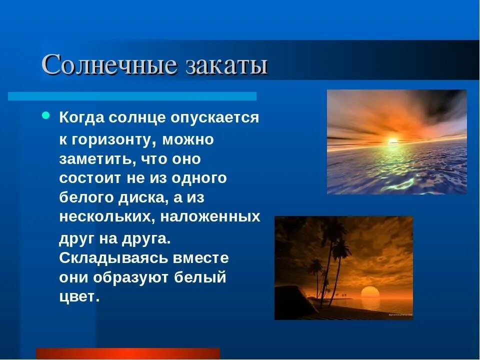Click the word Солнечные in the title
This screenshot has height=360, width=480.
(x=109, y=64)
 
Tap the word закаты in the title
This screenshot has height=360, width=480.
(x=227, y=65)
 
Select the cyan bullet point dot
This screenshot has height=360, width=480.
(x=45, y=115)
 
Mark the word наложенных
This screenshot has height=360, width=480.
(x=210, y=216)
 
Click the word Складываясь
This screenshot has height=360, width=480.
(x=113, y=258)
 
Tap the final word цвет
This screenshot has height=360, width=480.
(x=79, y=297)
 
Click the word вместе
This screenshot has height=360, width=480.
(x=201, y=258)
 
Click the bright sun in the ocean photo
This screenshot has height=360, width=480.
(x=393, y=141)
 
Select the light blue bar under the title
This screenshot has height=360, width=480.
(x=132, y=96)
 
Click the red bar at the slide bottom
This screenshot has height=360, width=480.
(x=128, y=353)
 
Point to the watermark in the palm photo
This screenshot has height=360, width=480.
(x=400, y=314)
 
